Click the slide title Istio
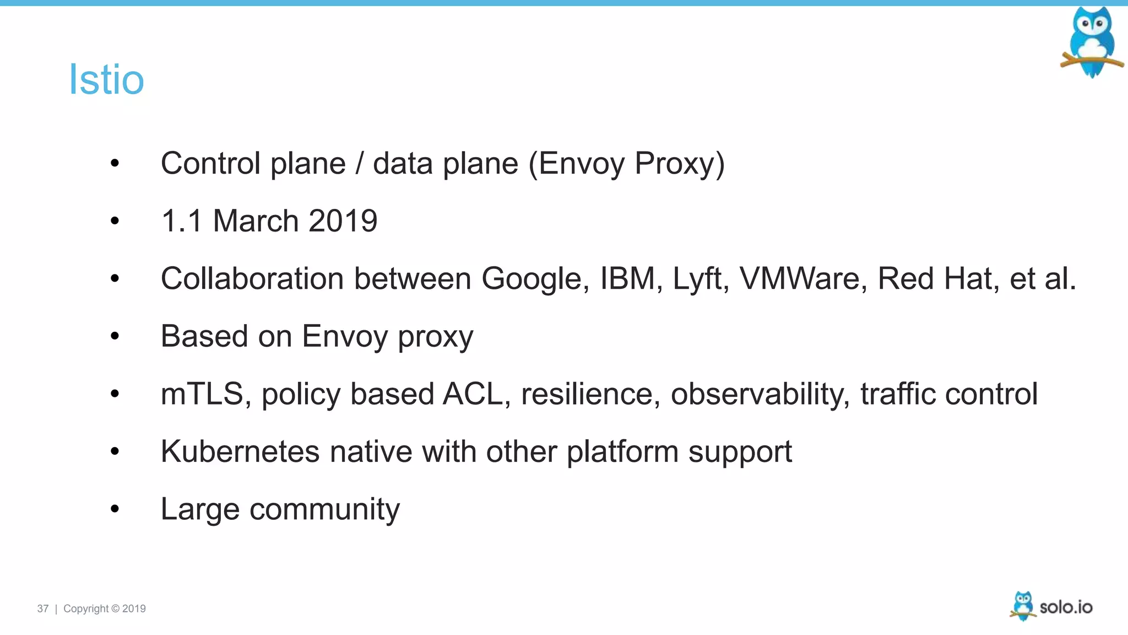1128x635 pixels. pyautogui.click(x=106, y=79)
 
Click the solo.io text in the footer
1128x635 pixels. pyautogui.click(x=1066, y=607)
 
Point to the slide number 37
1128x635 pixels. pyautogui.click(x=42, y=609)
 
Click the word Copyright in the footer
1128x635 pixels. pyautogui.click(x=86, y=609)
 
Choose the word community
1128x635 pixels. pyautogui.click(x=324, y=509)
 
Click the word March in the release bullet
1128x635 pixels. pyautogui.click(x=256, y=221)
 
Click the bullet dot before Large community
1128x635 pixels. pyautogui.click(x=115, y=509)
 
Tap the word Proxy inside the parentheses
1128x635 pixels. pyautogui.click(x=674, y=163)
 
